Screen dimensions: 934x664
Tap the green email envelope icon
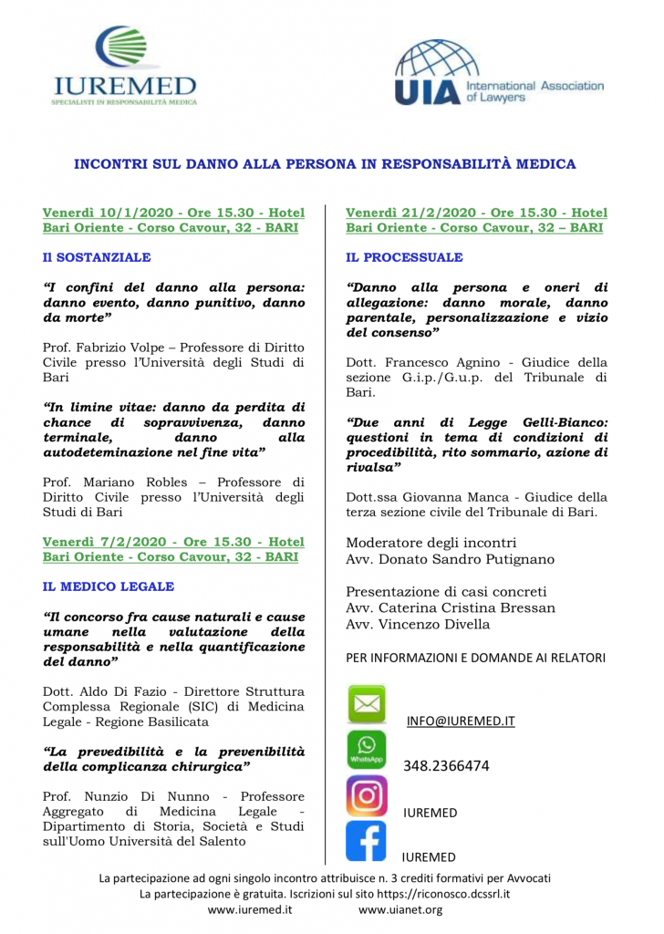coord(367,704)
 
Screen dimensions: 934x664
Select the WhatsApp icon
coord(367,749)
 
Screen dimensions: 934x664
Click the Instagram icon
coord(367,794)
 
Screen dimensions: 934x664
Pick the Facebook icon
coord(367,841)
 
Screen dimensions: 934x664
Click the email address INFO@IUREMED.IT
coord(461,721)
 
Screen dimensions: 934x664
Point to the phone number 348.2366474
coord(447,765)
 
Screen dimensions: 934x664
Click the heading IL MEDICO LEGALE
coord(108,586)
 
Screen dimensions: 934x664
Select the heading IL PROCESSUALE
coord(404,257)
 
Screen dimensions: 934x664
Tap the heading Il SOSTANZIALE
coord(97,257)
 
